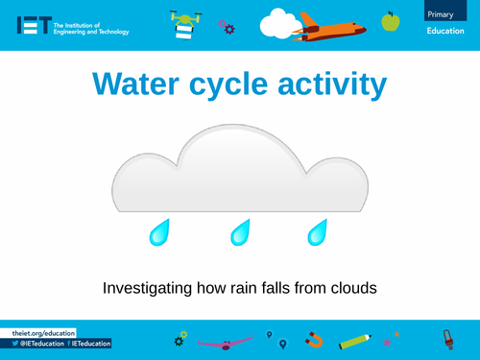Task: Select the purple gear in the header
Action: [x=227, y=26]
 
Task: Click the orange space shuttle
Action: [x=327, y=27]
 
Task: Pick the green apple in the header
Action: [x=390, y=20]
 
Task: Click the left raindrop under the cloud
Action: [x=158, y=232]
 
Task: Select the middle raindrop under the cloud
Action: [x=240, y=232]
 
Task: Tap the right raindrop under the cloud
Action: [x=316, y=232]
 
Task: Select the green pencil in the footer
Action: [x=354, y=340]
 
